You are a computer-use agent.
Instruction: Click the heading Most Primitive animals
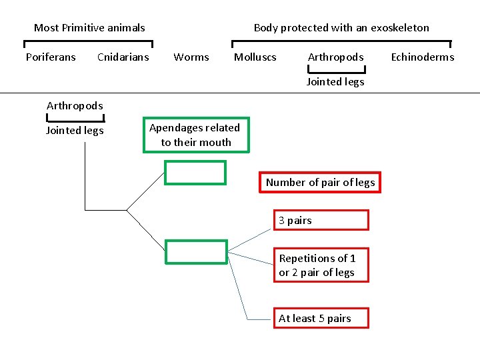(x=89, y=28)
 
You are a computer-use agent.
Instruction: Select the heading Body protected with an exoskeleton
(x=341, y=28)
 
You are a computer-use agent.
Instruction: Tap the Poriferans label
(x=51, y=57)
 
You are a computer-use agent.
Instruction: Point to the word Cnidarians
(x=123, y=57)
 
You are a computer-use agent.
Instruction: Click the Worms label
(x=191, y=57)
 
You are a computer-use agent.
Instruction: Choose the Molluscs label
(x=255, y=57)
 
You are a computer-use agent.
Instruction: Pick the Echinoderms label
(x=423, y=57)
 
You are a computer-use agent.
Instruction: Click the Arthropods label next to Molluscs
(x=336, y=57)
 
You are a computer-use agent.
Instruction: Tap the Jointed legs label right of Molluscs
(x=335, y=82)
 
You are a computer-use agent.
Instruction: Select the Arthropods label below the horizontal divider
(x=75, y=106)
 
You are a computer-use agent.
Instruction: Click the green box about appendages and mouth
(x=196, y=135)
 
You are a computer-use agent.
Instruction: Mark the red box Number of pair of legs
(x=320, y=183)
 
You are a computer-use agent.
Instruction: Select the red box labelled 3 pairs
(x=321, y=221)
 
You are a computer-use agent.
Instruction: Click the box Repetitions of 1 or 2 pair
(x=321, y=265)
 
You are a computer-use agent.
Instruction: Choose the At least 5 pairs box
(x=321, y=319)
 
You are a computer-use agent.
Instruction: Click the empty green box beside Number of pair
(x=195, y=173)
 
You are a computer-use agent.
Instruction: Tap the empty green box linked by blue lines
(x=196, y=251)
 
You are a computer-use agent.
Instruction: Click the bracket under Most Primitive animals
(x=89, y=43)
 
